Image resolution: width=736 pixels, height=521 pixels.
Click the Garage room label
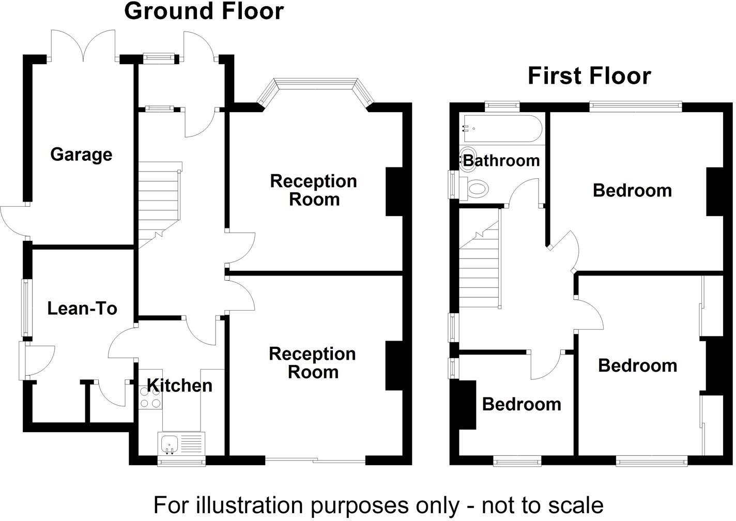point(81,155)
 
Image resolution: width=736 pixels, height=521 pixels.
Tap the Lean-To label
point(82,309)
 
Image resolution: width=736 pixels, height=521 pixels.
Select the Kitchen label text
point(179,385)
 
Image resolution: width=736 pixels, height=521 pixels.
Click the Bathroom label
point(501,160)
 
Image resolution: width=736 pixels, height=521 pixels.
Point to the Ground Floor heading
point(204,11)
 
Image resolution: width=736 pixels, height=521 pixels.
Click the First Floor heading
point(589,76)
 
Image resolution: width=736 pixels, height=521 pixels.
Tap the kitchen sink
point(170,443)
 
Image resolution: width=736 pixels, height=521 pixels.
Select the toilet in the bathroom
point(476,189)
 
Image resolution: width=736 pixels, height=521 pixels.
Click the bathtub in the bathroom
point(501,128)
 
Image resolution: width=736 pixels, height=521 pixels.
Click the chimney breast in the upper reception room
point(394,191)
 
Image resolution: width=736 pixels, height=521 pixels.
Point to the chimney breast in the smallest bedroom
point(466,405)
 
